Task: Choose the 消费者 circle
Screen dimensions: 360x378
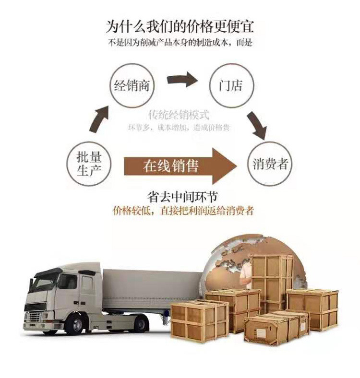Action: [x=270, y=165]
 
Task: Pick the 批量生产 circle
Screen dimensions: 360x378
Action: [x=89, y=164]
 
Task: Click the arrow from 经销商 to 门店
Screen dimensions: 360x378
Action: [x=183, y=80]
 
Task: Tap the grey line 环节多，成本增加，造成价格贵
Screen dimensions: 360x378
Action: [x=179, y=128]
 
